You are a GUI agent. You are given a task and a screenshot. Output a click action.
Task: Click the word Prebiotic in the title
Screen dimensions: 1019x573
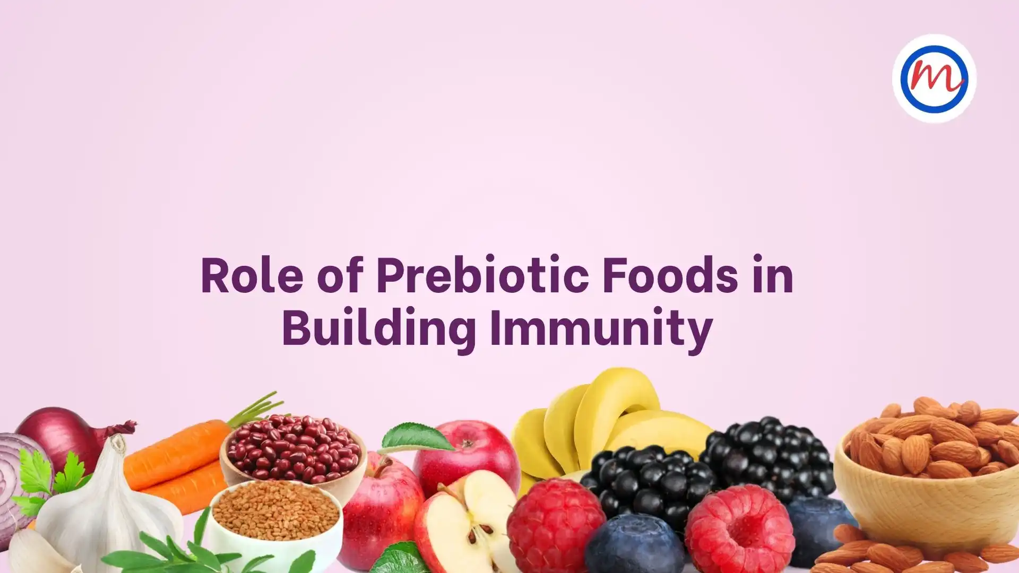coord(482,275)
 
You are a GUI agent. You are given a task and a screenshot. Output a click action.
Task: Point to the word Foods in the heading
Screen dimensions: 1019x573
coord(670,275)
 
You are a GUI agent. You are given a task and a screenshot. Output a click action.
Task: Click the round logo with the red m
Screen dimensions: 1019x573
coord(934,79)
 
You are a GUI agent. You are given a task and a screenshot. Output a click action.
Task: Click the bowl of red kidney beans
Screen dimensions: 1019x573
coord(292,454)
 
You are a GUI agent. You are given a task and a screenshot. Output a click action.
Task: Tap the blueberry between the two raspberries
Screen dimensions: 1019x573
coord(635,544)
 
